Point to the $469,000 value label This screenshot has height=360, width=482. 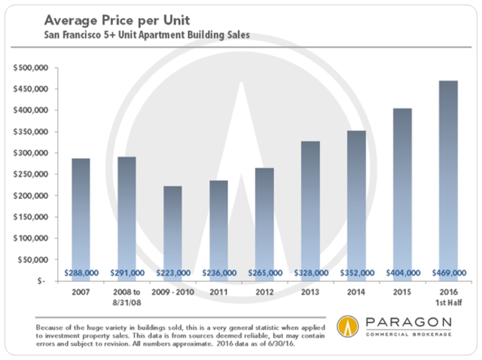[447, 273]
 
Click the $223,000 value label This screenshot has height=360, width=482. [172, 273]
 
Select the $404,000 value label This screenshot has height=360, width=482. [402, 273]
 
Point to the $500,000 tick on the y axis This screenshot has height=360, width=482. [31, 68]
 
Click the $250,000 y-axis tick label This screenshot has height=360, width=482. [31, 174]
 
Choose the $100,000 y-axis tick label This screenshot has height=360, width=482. [31, 237]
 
